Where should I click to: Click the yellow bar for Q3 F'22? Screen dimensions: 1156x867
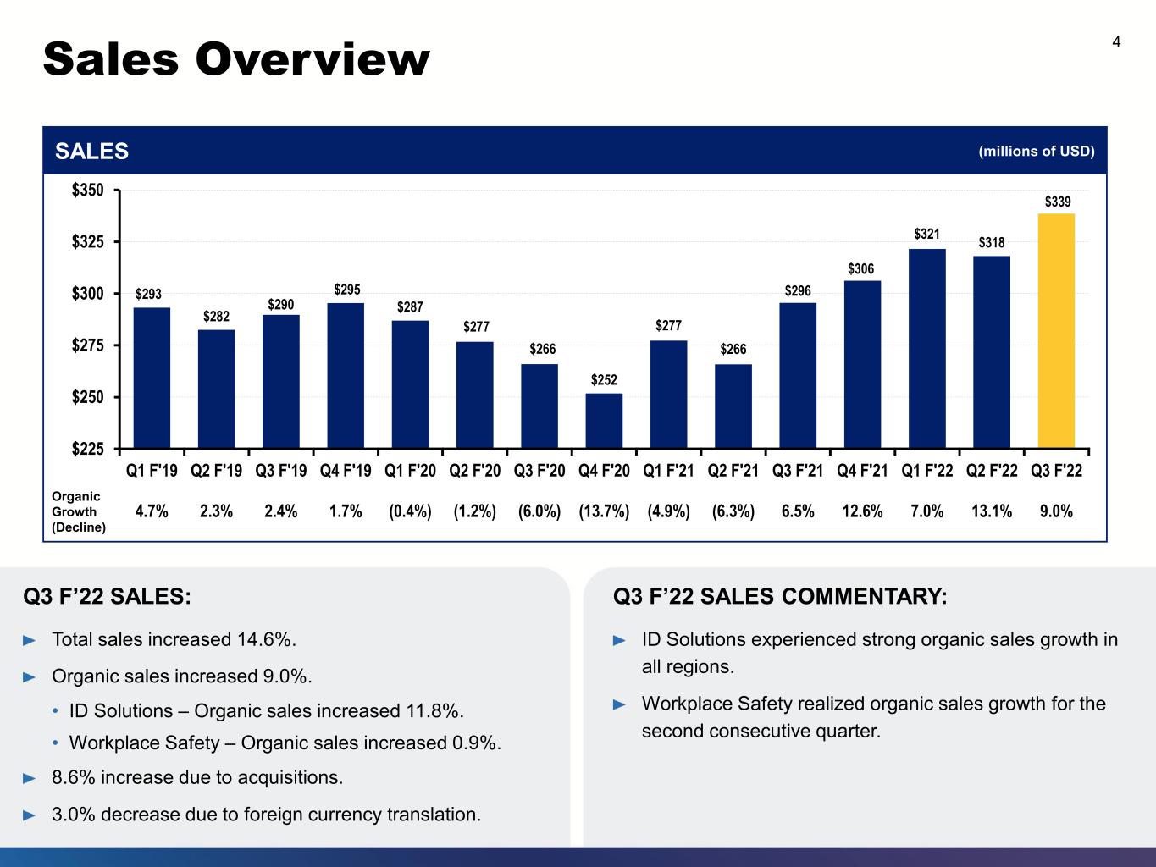[1056, 330]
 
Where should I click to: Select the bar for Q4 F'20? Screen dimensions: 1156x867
[604, 421]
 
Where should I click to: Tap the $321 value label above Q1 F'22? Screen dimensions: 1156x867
[926, 234]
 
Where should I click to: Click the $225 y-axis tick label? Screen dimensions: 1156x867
[88, 449]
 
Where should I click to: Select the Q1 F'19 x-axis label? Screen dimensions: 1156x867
[152, 470]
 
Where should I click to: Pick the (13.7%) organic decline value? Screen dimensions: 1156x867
[604, 511]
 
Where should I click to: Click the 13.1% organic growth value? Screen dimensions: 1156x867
[991, 511]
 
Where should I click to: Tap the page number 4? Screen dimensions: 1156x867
[1116, 42]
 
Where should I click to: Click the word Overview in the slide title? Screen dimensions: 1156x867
[313, 59]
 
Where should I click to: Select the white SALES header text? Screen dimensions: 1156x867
[91, 151]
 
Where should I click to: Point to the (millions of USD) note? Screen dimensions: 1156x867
[1037, 151]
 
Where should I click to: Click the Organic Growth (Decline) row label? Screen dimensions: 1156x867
[79, 511]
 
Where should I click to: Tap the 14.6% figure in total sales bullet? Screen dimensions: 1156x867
[263, 639]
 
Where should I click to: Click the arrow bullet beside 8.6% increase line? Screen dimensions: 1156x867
[30, 778]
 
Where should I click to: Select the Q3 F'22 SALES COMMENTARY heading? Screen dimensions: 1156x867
[780, 596]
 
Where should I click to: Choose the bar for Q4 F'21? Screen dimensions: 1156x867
[862, 364]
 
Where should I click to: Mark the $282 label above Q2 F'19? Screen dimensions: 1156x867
[217, 316]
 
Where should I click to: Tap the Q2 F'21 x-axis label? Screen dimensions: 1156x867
[733, 470]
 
